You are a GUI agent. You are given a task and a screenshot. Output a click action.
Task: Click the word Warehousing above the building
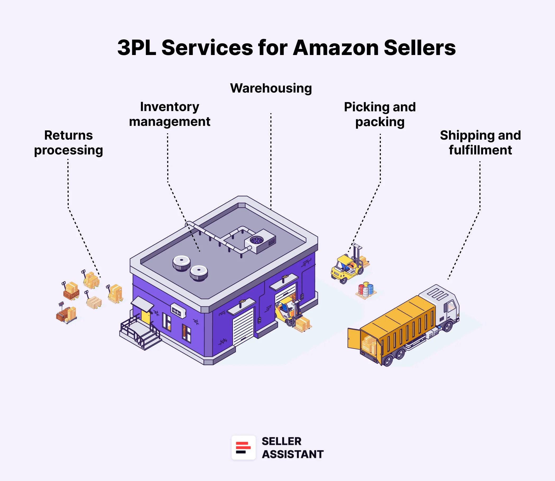point(271,88)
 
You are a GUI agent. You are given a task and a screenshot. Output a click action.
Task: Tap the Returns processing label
point(68,143)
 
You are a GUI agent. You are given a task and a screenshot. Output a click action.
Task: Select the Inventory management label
point(169,114)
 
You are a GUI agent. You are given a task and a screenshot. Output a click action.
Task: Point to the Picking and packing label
point(380,114)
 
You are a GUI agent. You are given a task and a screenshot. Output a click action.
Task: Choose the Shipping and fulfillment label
point(480,143)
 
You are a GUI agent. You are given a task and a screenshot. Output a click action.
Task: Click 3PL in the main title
point(137,48)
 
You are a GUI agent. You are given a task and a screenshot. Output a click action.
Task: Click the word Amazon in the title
point(335,48)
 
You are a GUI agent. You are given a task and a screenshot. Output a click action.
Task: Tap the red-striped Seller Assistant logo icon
point(243,447)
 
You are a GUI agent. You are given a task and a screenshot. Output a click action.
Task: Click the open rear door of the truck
point(354,339)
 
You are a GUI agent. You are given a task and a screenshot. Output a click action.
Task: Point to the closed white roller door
point(243,326)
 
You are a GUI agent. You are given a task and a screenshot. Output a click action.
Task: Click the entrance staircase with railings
point(140,333)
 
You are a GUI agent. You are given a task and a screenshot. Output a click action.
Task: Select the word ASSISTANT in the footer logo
point(293,454)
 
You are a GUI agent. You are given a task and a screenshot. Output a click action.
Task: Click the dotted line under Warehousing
point(271,161)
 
